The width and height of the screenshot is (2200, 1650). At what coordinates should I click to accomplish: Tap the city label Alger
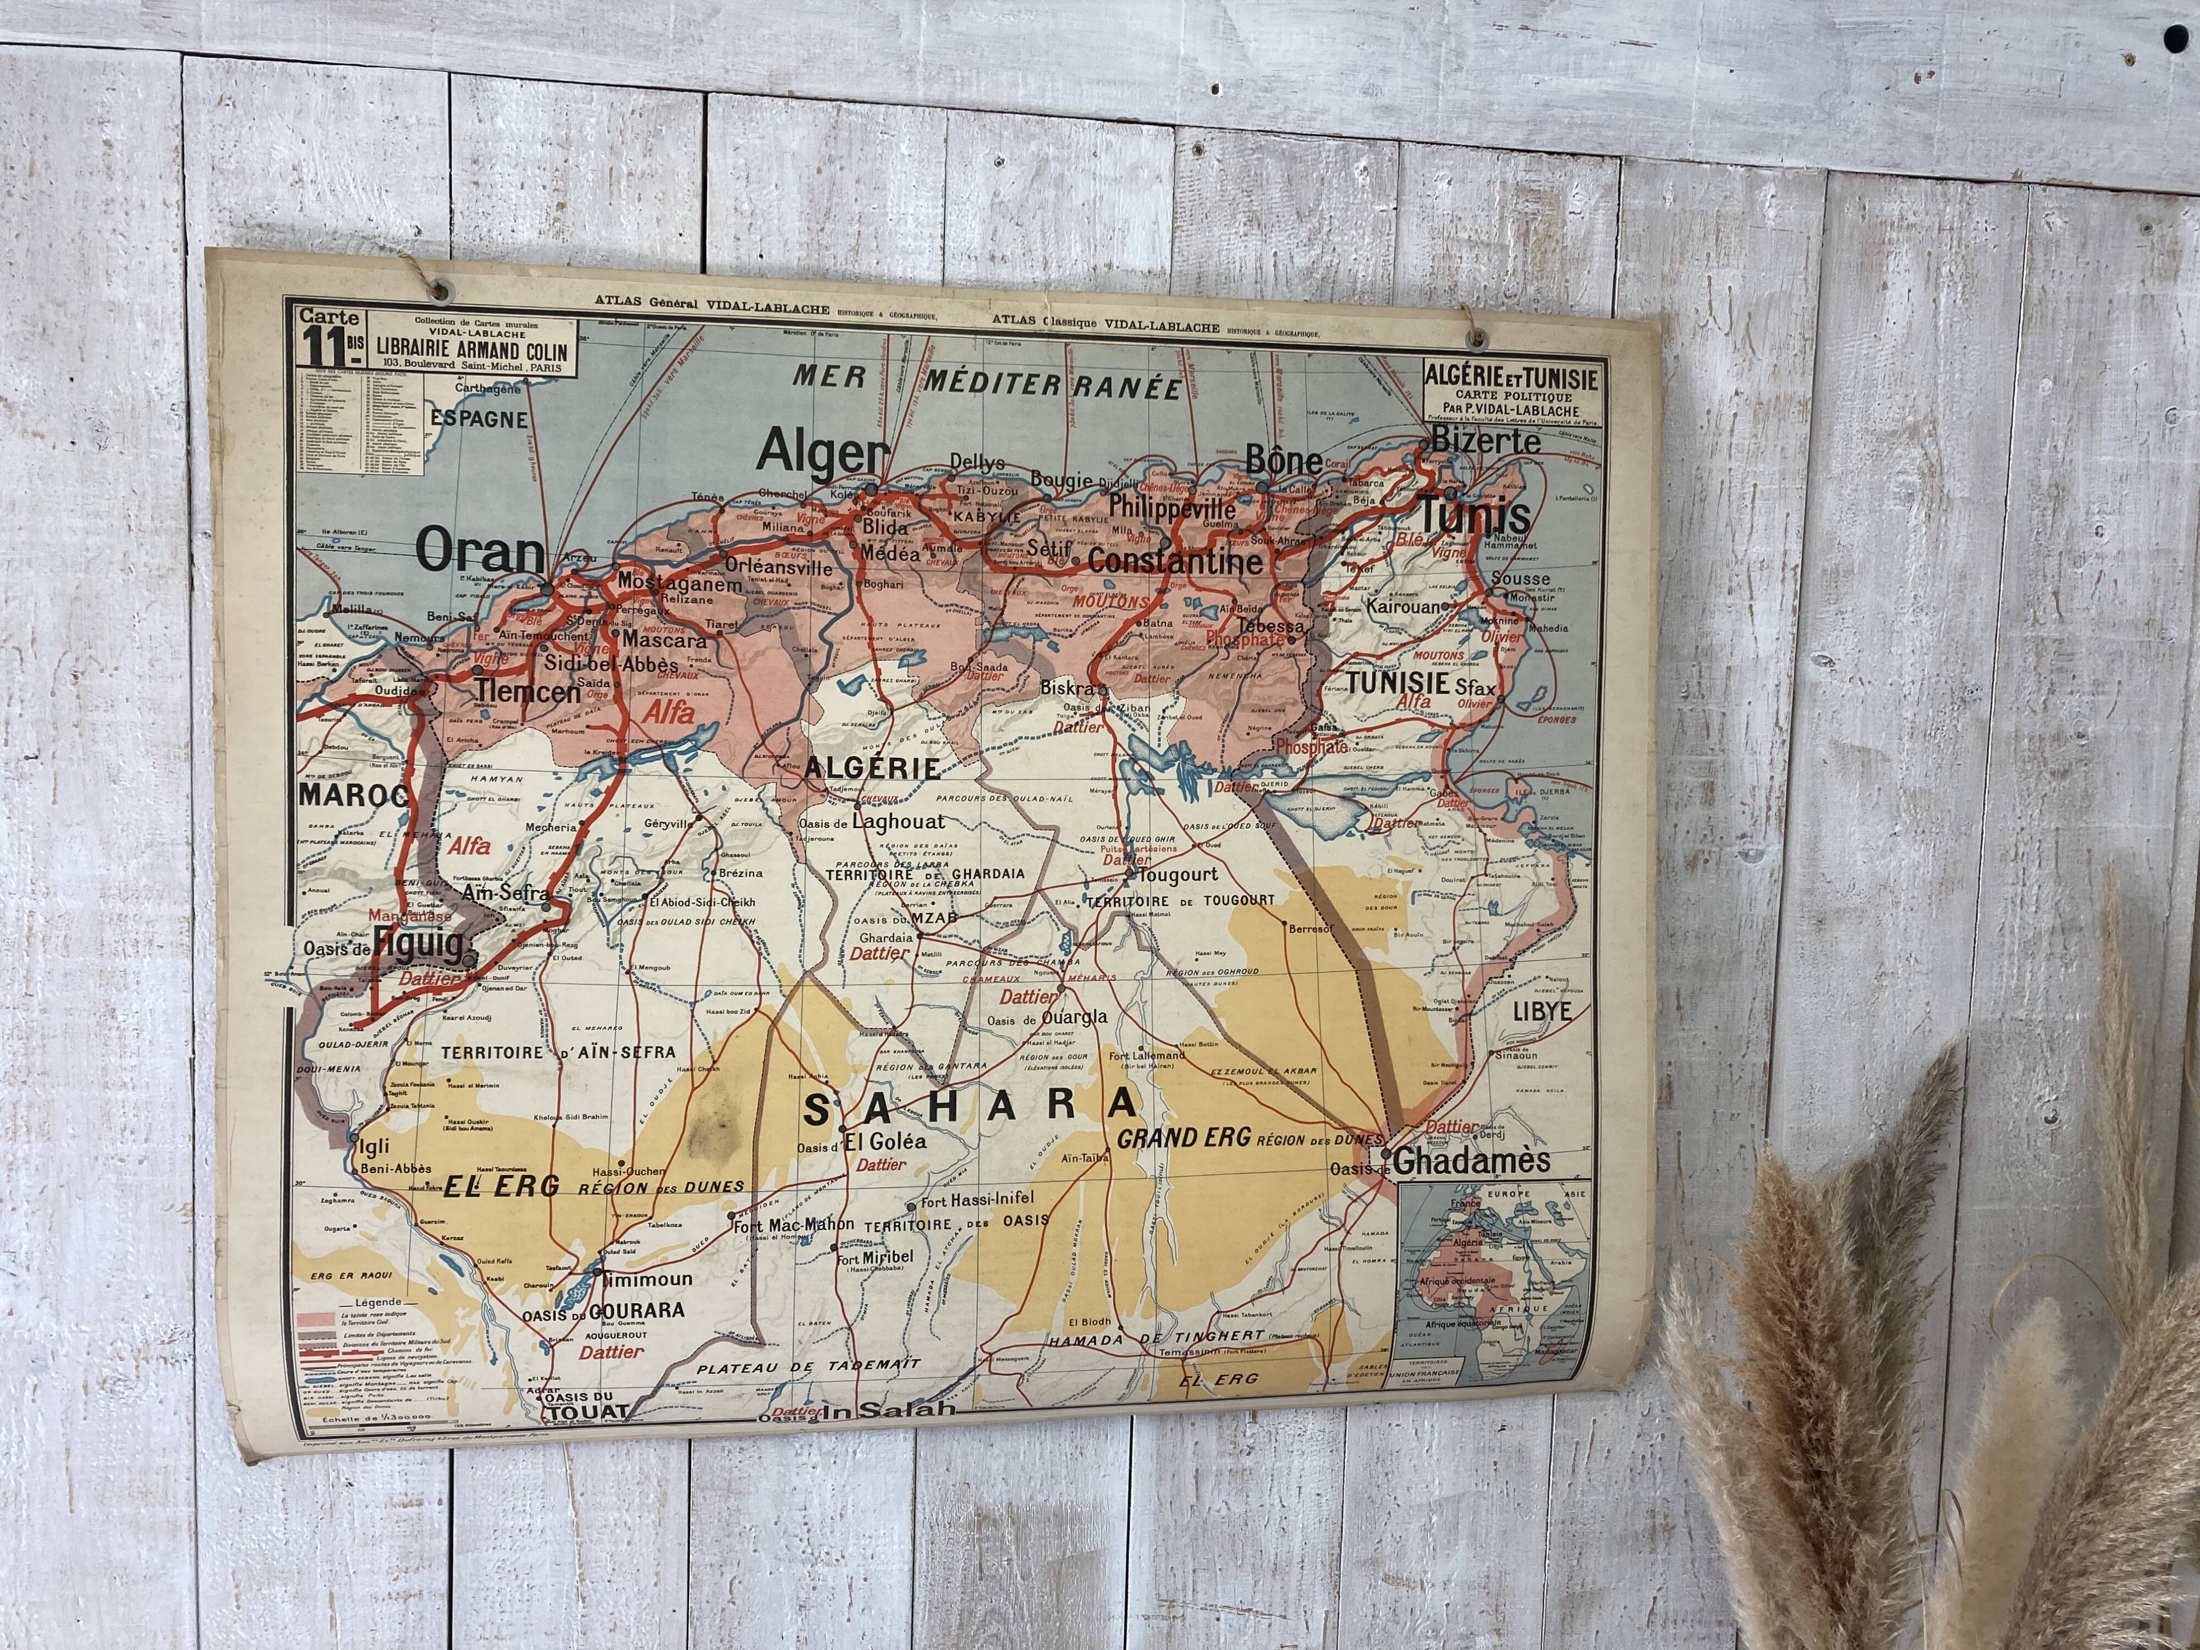click(822, 454)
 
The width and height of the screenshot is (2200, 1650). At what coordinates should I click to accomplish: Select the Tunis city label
click(1473, 516)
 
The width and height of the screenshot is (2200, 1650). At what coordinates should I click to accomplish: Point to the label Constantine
click(1175, 562)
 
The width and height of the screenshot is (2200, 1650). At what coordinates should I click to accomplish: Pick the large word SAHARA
click(970, 1106)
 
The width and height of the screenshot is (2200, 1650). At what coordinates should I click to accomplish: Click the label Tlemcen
click(526, 690)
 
